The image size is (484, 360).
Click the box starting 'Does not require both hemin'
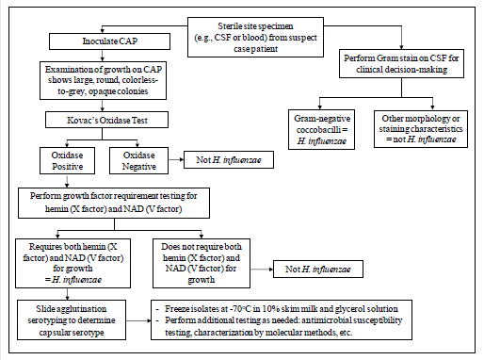coord(202,259)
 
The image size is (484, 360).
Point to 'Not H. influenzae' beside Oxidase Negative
coord(221,159)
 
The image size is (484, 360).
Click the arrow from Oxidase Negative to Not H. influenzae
coord(176,159)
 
